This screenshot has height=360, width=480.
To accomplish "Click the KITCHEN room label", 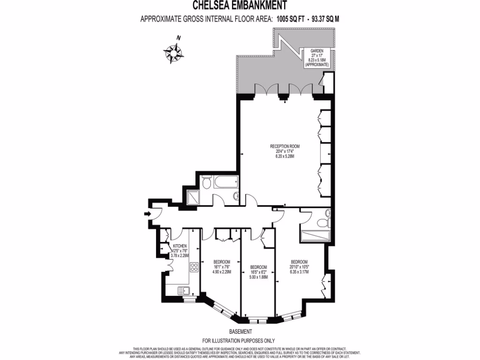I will (180, 246).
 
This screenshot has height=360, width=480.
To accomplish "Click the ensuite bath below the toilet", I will (315, 235).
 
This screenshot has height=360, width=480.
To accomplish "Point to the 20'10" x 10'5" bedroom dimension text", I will (299, 267).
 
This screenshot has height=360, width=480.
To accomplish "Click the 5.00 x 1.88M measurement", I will (258, 277).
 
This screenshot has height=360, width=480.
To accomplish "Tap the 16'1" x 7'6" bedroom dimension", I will (222, 266).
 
